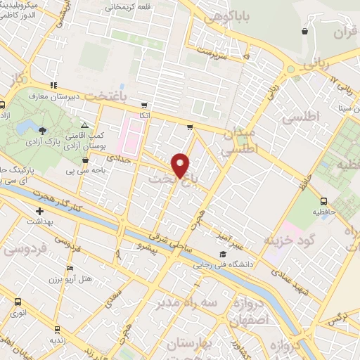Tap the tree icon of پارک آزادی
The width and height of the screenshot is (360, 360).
44,131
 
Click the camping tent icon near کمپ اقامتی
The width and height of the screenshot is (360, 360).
85,123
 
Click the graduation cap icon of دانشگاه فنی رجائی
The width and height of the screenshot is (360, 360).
222,255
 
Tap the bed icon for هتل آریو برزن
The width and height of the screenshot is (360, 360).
68,269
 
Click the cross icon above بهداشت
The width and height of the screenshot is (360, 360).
40,210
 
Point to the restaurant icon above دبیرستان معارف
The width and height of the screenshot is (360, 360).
54,85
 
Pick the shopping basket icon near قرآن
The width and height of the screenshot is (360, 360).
304,32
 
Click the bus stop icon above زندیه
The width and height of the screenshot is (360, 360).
56,328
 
